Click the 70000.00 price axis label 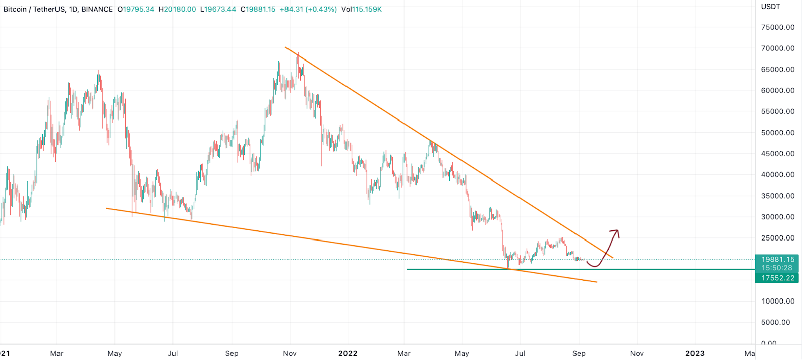777,48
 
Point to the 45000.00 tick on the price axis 777,154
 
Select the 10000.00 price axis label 777,301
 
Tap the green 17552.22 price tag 777,278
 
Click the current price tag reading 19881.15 777,260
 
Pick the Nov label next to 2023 637,353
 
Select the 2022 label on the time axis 348,353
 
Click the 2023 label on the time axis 695,353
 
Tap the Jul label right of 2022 520,353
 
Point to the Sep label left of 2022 232,353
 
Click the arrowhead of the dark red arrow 615,232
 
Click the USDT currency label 770,7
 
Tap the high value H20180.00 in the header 177,9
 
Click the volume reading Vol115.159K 361,9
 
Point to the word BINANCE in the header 97,9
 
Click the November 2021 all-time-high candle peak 298,53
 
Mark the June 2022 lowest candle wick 508,267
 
